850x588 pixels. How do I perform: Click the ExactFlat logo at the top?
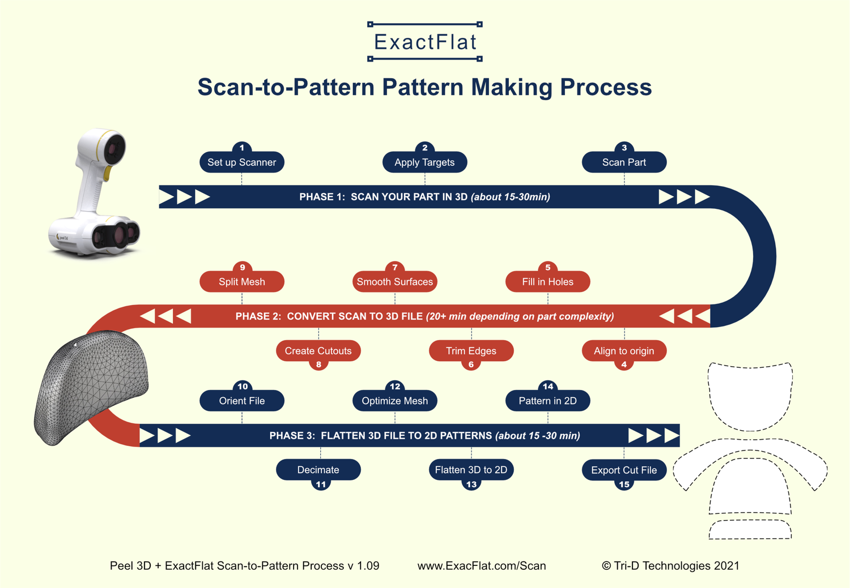pyautogui.click(x=425, y=42)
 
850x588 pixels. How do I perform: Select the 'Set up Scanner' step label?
pyautogui.click(x=242, y=162)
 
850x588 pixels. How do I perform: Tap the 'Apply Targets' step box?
pyautogui.click(x=424, y=162)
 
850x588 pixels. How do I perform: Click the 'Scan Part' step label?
pyautogui.click(x=624, y=162)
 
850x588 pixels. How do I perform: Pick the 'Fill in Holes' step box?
pyautogui.click(x=547, y=282)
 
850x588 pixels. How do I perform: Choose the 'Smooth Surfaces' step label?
pyautogui.click(x=394, y=282)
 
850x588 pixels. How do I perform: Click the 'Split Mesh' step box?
pyautogui.click(x=242, y=282)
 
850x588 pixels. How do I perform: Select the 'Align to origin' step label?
pyautogui.click(x=624, y=351)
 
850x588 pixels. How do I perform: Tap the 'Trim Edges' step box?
pyautogui.click(x=471, y=351)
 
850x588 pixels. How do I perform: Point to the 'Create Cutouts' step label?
pyautogui.click(x=318, y=351)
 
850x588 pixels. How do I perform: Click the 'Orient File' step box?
pyautogui.click(x=242, y=401)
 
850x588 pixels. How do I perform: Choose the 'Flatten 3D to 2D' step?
pyautogui.click(x=471, y=470)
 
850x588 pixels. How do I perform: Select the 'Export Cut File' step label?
pyautogui.click(x=624, y=470)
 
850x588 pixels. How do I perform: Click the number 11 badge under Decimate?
pyautogui.click(x=321, y=484)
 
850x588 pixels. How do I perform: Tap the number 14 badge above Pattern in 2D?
pyautogui.click(x=548, y=387)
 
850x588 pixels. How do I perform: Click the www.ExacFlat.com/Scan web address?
pyautogui.click(x=482, y=566)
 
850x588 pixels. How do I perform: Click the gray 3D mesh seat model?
pyautogui.click(x=91, y=385)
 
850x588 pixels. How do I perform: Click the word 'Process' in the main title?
pyautogui.click(x=606, y=88)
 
